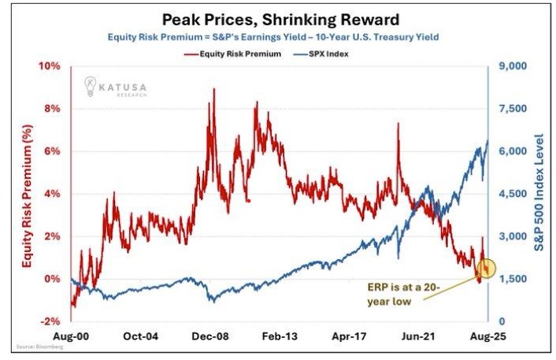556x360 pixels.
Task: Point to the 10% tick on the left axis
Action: click(x=50, y=66)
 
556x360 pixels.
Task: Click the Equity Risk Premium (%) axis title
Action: click(x=26, y=194)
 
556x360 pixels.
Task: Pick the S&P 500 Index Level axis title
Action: click(x=540, y=194)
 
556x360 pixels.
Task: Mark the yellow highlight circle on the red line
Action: click(x=487, y=269)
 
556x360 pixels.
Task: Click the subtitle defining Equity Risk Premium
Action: click(x=278, y=37)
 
